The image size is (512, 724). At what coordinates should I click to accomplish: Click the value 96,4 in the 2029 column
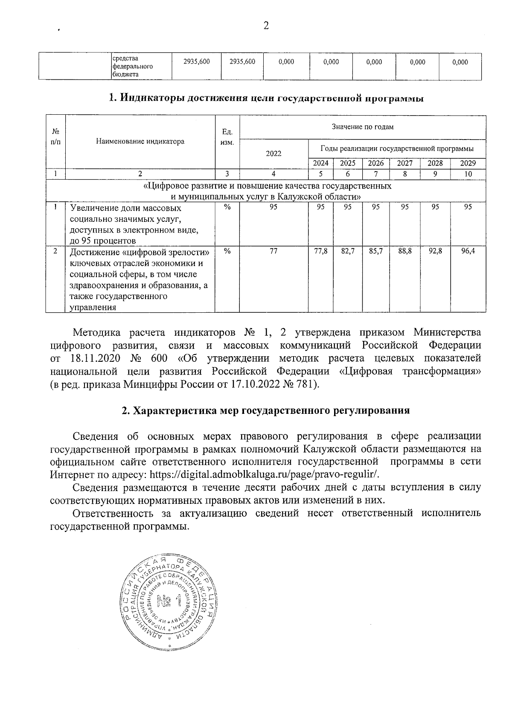[x=468, y=252]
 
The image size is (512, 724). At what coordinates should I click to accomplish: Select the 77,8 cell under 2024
[x=320, y=252]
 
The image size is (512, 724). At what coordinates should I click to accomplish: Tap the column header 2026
[x=375, y=163]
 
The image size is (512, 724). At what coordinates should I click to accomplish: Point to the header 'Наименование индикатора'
[x=140, y=141]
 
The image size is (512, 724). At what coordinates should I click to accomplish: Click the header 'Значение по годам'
[x=363, y=127]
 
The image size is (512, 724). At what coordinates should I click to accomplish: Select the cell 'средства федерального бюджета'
[x=132, y=66]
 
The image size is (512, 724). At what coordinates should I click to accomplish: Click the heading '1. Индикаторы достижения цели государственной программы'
[x=266, y=99]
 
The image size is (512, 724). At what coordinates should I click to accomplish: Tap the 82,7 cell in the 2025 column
[x=348, y=252]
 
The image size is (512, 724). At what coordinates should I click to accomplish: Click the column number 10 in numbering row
[x=468, y=174]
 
